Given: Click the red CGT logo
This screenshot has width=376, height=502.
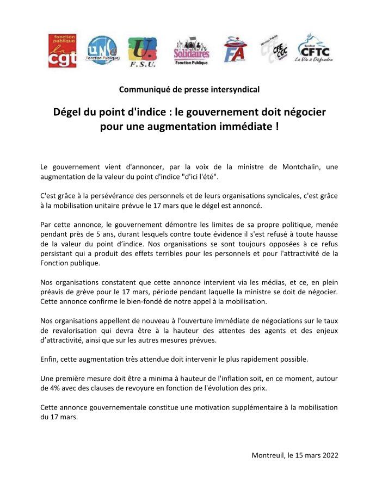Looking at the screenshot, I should [63, 51].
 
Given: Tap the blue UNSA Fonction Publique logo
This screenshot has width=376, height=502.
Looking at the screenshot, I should [102, 51].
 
